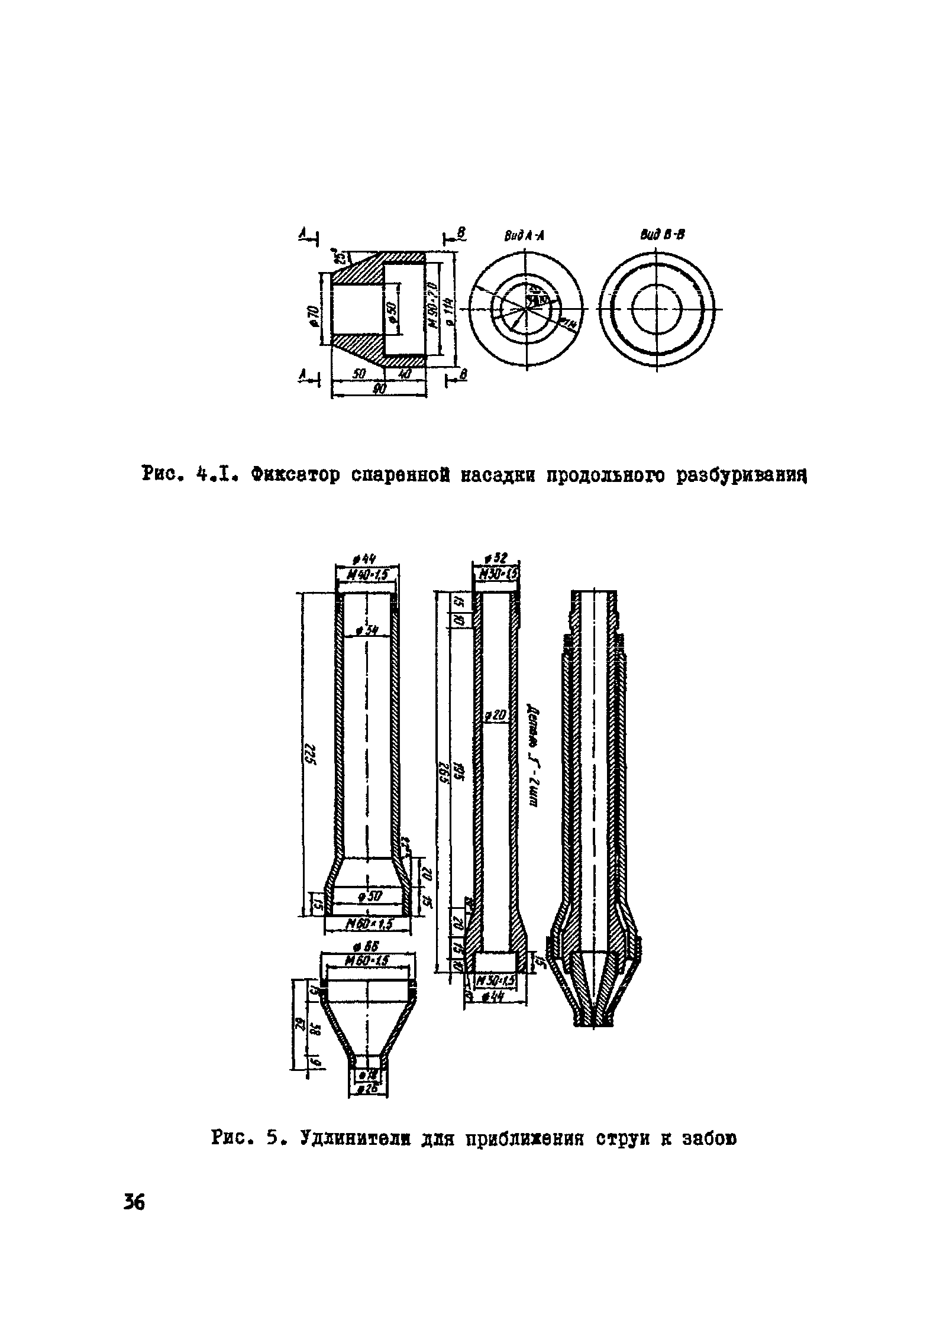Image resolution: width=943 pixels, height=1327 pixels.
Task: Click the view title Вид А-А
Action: click(x=524, y=236)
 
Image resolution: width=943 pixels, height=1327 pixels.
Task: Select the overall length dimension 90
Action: click(x=379, y=389)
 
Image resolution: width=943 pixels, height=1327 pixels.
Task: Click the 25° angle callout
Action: click(x=340, y=257)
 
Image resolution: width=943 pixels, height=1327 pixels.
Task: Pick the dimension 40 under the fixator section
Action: click(x=405, y=374)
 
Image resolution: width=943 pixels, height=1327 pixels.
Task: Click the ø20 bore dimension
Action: click(x=496, y=717)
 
